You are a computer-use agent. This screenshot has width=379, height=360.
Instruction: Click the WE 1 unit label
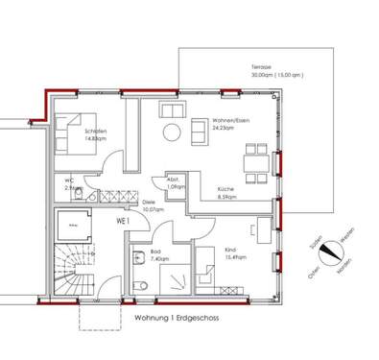point(123,221)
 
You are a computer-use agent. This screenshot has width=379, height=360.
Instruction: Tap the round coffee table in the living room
point(171,132)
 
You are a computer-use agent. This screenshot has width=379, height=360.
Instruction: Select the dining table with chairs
point(254,158)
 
